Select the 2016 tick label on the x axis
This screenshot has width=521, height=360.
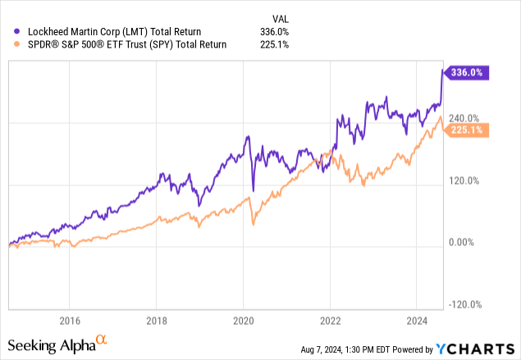click(70, 320)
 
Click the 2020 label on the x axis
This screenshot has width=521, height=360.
click(244, 320)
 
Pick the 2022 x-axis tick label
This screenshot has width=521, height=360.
click(331, 320)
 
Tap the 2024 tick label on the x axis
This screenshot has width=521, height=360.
click(418, 320)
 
